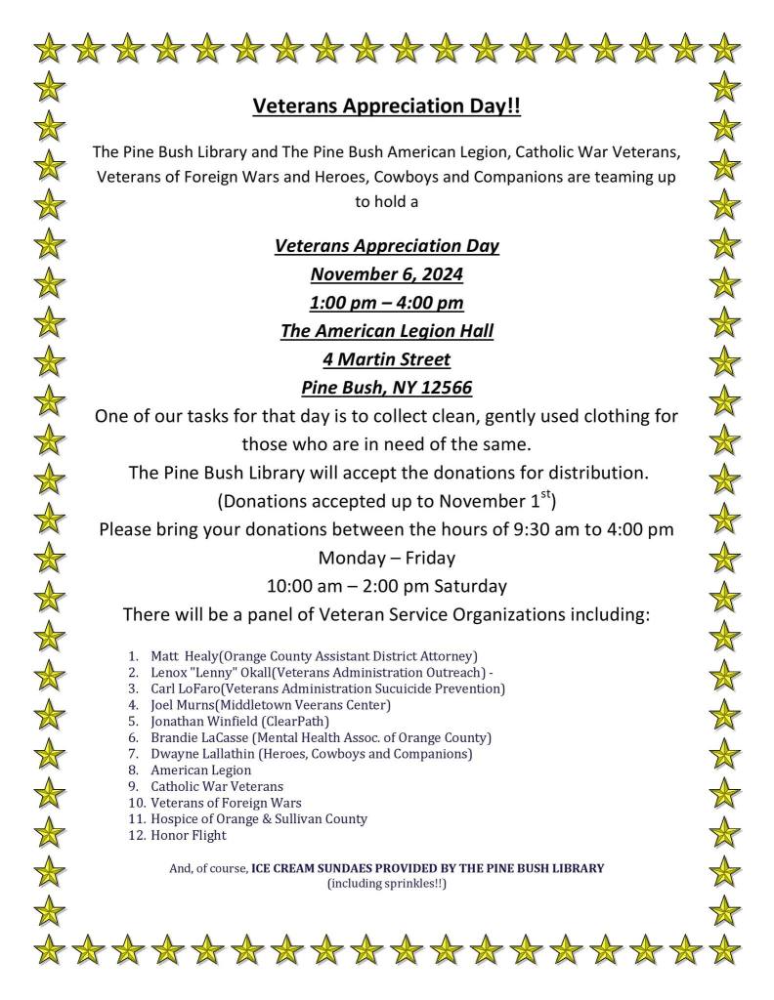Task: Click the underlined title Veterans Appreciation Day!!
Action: [386, 106]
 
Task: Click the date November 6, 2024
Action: [386, 274]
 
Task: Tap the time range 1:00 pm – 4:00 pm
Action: [386, 303]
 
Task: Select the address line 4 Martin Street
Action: [386, 359]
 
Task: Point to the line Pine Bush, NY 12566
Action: [386, 388]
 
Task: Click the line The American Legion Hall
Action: [386, 331]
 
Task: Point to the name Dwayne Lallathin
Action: [201, 754]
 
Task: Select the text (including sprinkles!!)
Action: [386, 885]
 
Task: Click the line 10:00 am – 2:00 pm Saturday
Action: [386, 587]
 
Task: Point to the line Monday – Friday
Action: [386, 559]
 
